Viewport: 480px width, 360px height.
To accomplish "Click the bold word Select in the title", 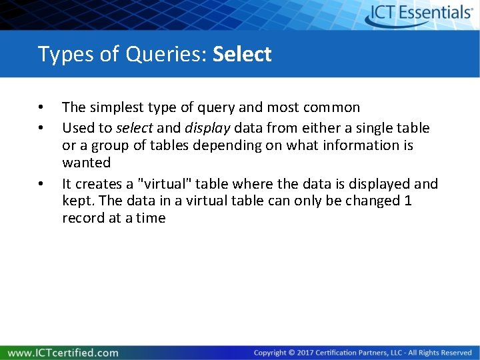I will [242, 54].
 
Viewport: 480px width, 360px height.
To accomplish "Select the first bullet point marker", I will [41, 108].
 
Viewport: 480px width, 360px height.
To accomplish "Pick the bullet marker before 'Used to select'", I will [41, 127].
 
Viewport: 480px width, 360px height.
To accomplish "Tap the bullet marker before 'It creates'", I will [41, 183].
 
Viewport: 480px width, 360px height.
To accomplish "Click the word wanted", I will [86, 163].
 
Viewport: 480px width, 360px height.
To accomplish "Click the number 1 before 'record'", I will [408, 201].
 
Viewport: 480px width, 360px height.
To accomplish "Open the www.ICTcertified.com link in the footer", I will [63, 353].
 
